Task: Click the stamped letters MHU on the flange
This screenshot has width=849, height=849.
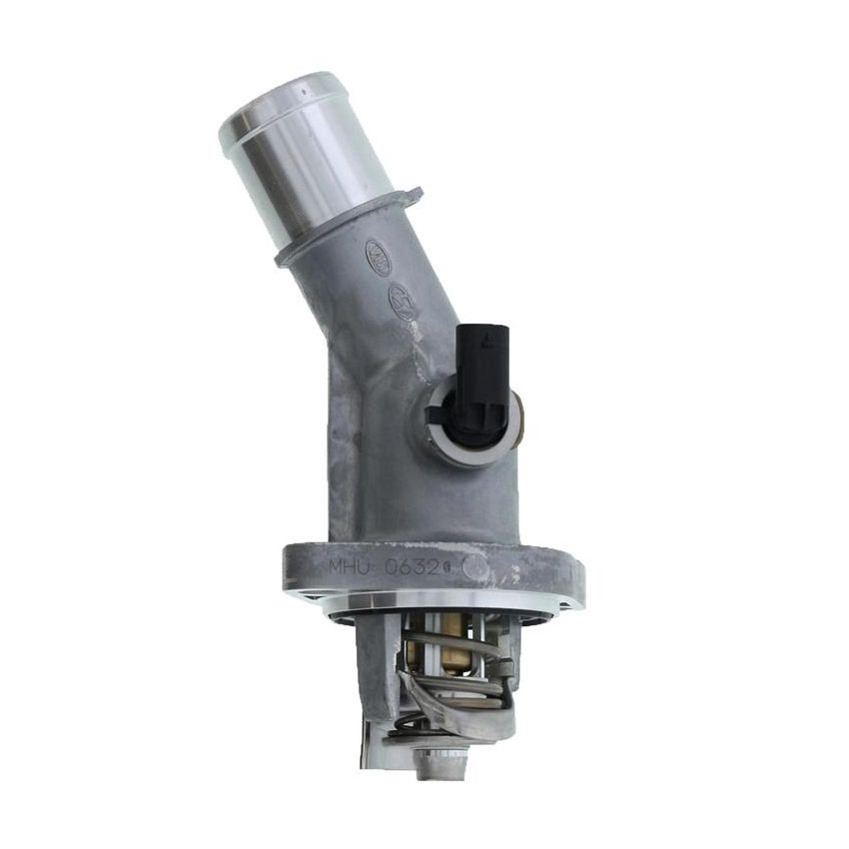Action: (x=350, y=566)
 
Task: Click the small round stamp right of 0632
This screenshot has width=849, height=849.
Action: (x=475, y=567)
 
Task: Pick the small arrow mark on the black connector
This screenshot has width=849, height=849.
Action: (x=483, y=341)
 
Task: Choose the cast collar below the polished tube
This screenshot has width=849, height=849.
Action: (x=345, y=228)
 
